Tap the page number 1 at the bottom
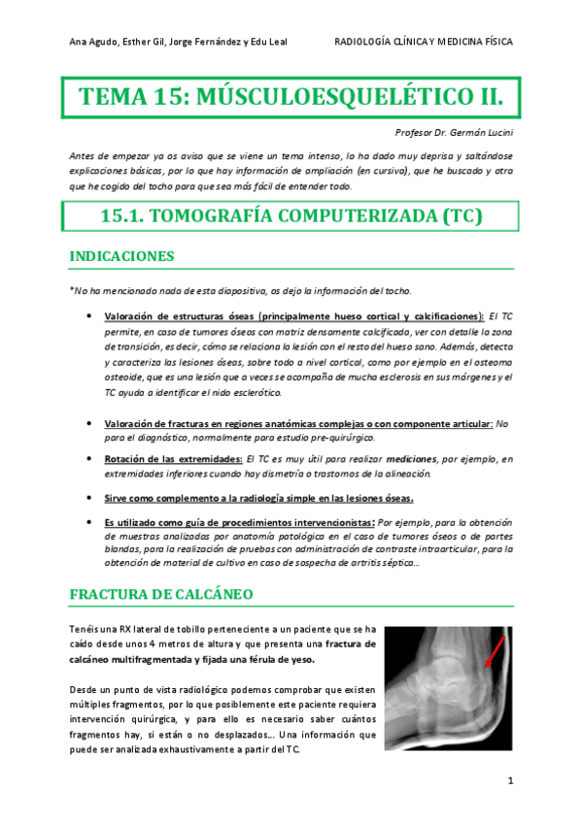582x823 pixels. [509, 780]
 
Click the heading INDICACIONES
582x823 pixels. [122, 257]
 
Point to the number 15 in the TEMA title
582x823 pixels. [158, 98]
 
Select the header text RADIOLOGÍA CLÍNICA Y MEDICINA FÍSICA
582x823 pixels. [423, 42]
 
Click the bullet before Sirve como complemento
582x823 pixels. [89, 499]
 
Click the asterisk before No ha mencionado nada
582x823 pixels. [72, 290]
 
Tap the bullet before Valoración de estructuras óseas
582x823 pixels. [89, 316]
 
